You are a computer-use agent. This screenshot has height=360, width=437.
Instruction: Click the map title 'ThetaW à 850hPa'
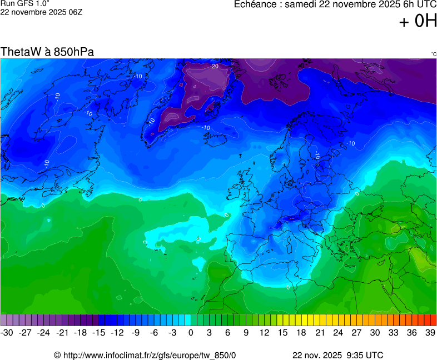tap(47, 52)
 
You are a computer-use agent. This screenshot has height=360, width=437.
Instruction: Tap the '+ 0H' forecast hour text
tap(418, 22)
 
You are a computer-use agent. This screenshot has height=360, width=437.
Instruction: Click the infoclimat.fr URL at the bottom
tap(145, 355)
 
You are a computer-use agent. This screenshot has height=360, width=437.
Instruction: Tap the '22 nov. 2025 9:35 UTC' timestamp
tap(337, 355)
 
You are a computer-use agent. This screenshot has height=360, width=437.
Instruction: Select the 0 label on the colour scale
tap(191, 332)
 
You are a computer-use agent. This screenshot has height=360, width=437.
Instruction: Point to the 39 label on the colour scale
tap(430, 332)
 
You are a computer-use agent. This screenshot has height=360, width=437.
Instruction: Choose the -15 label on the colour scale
tap(98, 332)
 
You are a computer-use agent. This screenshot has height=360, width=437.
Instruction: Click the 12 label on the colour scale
tap(264, 332)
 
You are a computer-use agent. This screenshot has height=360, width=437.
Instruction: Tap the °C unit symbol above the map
tap(433, 54)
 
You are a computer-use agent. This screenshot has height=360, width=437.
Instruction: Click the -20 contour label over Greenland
tap(214, 66)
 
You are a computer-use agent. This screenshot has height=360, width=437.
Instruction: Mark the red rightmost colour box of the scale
tap(434, 320)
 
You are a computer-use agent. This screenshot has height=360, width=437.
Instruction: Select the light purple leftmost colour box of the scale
tap(4, 320)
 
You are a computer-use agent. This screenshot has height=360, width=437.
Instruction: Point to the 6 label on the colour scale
tap(227, 332)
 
